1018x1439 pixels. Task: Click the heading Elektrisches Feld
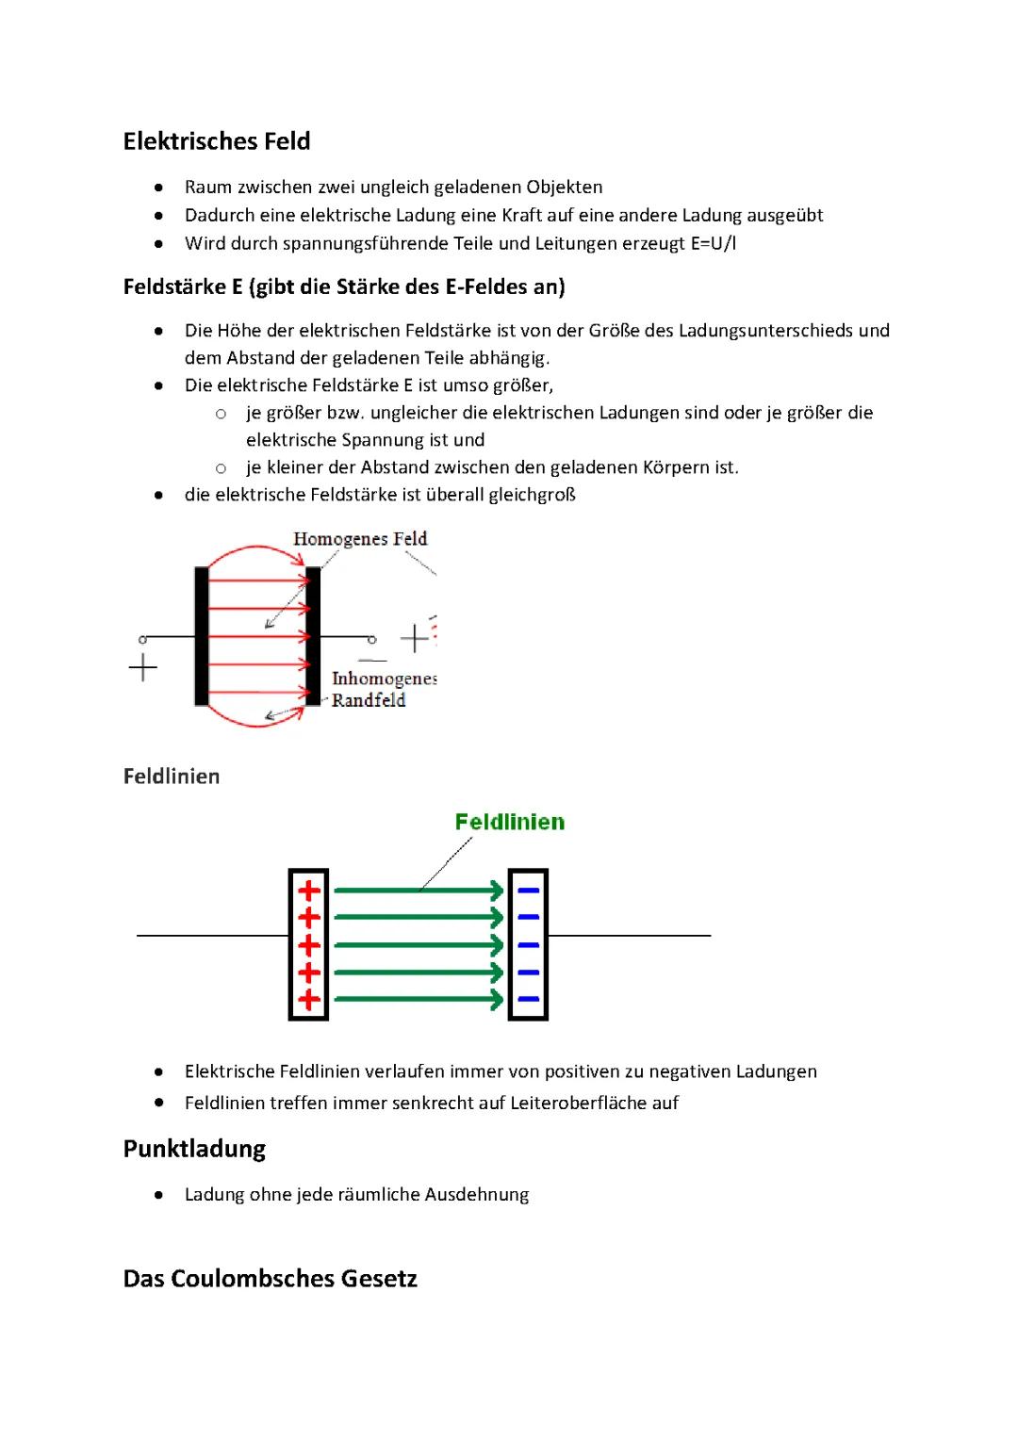pos(217,141)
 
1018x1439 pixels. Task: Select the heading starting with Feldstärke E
pos(344,286)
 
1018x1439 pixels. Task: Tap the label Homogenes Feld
pos(360,539)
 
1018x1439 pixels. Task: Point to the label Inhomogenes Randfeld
pos(382,689)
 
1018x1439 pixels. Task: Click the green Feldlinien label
pos(510,822)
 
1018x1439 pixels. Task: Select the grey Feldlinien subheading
pos(172,777)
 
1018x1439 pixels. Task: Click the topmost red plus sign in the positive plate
pos(309,891)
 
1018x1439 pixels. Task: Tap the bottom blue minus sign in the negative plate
pos(529,999)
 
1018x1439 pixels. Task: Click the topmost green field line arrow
pos(419,890)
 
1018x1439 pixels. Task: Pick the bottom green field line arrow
pos(419,999)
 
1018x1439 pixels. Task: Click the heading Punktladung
pos(194,1149)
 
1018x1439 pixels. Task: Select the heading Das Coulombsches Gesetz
pos(271,1279)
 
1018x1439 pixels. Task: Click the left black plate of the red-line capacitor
pos(202,636)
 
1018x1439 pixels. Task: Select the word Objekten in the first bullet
pos(565,187)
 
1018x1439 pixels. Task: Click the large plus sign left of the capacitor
pos(143,668)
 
